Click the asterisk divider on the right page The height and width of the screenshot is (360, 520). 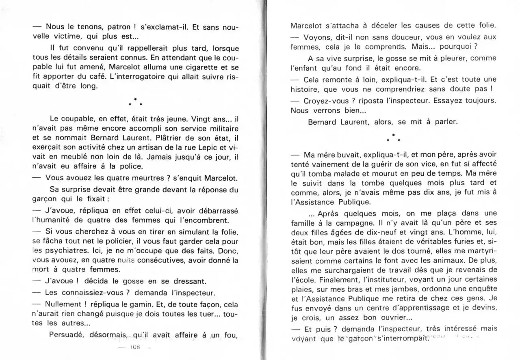(393, 138)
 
